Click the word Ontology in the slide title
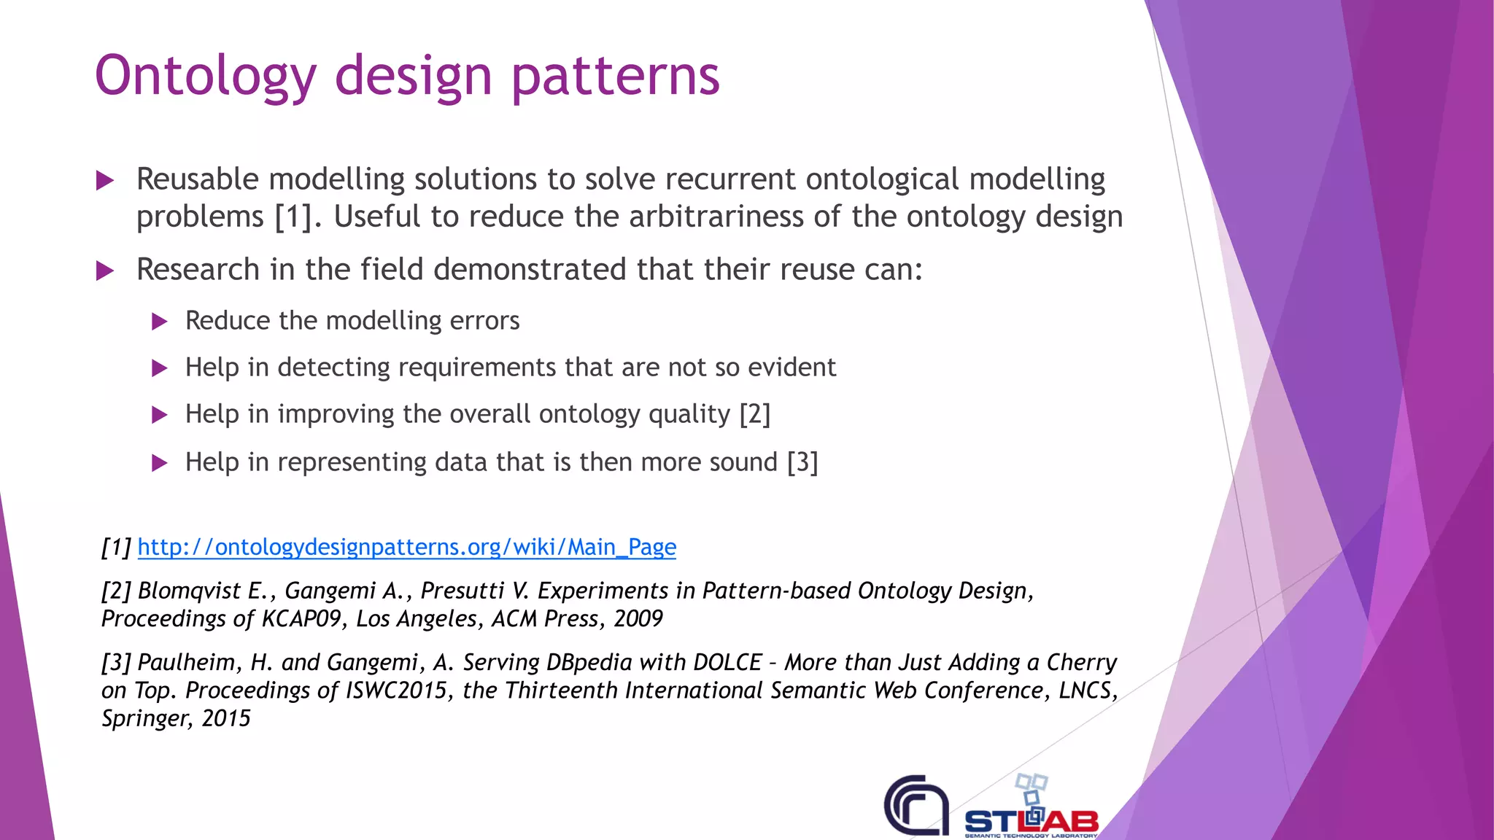(x=205, y=76)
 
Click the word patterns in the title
(x=615, y=76)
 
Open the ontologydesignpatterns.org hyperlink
(x=406, y=547)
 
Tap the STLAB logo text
(x=1031, y=822)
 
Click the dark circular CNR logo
(x=916, y=806)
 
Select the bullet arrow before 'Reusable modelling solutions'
(x=105, y=180)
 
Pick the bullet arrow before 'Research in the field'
(x=105, y=271)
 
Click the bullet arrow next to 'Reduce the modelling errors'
(x=160, y=322)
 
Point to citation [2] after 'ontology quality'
(x=754, y=414)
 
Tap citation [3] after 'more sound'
(x=802, y=462)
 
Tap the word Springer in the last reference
(x=146, y=719)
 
